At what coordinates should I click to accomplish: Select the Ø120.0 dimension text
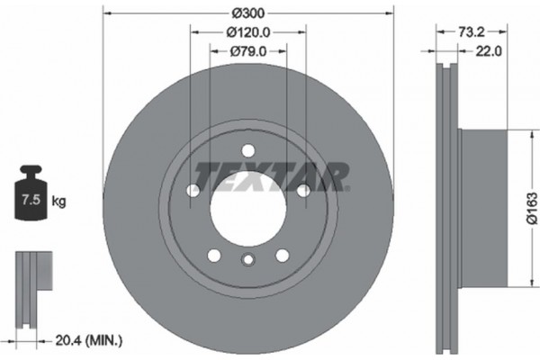coord(247,33)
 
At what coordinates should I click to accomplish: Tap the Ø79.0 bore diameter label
coord(247,52)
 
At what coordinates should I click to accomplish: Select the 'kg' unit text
coord(59,202)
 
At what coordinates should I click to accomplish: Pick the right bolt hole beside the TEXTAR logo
coord(303,190)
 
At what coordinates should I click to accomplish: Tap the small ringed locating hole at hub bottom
coord(248,261)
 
